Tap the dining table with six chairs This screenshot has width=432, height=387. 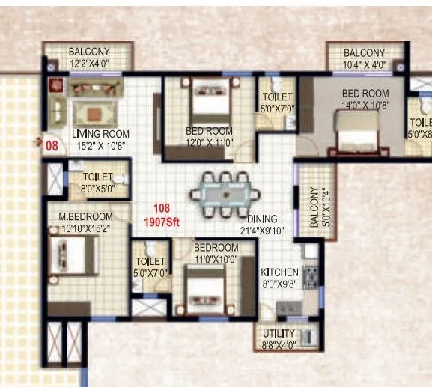coord(225,194)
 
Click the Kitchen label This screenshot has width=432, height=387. coord(279,272)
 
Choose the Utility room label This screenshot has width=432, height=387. coord(279,333)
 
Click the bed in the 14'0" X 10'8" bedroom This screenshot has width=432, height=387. coord(359,138)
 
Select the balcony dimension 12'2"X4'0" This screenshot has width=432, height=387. coord(90,64)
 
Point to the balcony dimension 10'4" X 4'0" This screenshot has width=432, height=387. coord(364,64)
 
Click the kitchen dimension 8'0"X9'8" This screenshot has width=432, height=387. coord(279,284)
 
